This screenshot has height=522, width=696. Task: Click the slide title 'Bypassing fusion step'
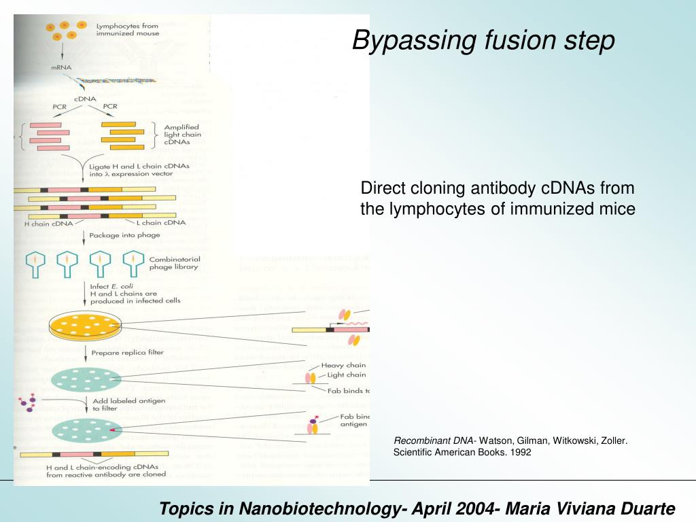[483, 41]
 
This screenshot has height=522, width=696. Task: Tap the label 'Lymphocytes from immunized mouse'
[128, 29]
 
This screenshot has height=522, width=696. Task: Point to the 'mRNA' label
[61, 67]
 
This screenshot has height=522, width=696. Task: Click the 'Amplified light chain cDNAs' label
[182, 135]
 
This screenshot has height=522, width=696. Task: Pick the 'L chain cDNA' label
[161, 222]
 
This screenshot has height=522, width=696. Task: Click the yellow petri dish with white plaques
[84, 326]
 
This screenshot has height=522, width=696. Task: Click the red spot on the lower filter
[111, 430]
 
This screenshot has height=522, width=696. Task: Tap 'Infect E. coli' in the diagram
[112, 286]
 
